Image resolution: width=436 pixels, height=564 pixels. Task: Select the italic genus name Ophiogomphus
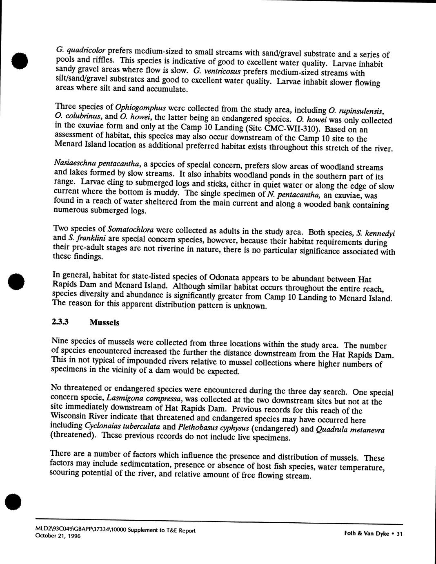[x=140, y=107]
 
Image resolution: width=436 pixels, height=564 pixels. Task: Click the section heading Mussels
[x=105, y=322]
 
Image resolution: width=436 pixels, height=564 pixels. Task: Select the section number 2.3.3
[x=60, y=322]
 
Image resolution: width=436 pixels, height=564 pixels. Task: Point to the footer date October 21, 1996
[x=58, y=536]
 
